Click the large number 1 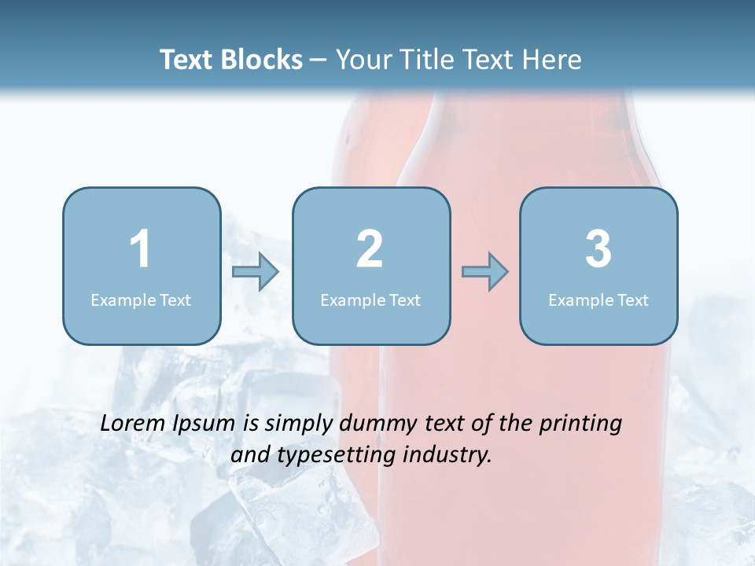coord(140,249)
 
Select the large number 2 coord(370,249)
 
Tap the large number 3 coord(598,249)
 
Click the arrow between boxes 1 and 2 coord(256,272)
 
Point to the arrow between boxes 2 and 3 coord(484,272)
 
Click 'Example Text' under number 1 coord(141,300)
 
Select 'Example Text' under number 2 coord(370,300)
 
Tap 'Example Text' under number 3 coord(598,300)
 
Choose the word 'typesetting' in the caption coord(332,455)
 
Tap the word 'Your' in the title coord(361,60)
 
